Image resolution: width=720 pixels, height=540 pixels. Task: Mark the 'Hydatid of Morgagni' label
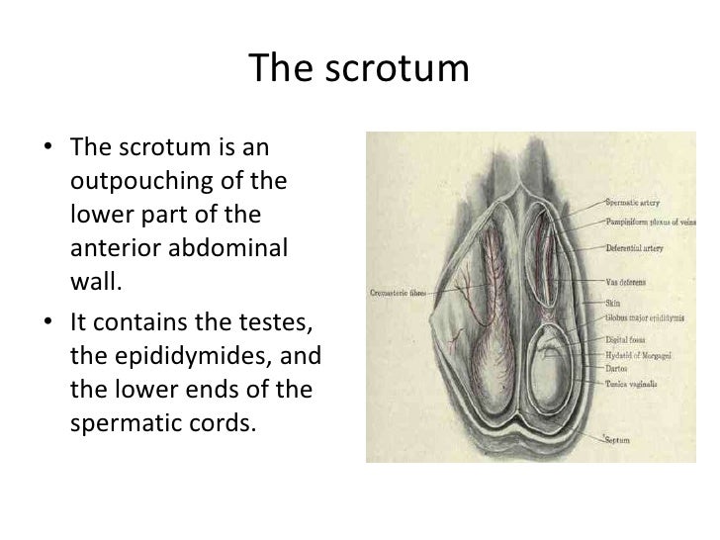633,354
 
